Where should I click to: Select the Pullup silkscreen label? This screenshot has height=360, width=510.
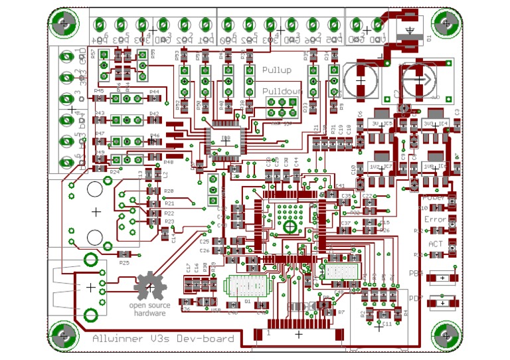277,70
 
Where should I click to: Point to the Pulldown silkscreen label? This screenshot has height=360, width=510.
282,92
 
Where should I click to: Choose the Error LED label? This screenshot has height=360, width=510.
435,219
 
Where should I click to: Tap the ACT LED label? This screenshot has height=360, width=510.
435,244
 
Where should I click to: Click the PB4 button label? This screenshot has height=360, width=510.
416,273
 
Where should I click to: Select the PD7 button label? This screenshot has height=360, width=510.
416,298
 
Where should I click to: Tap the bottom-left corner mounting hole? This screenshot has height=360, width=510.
64,334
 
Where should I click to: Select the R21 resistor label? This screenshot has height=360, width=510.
169,203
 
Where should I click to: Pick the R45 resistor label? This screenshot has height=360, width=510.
99,91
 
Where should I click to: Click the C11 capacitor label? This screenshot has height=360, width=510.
387,325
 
